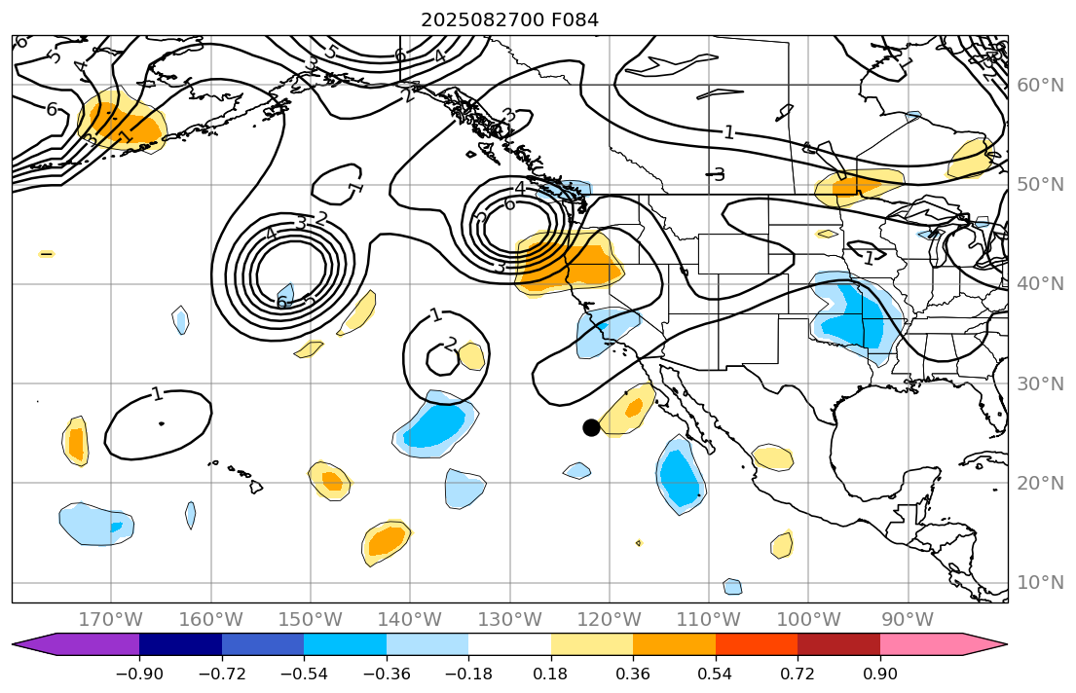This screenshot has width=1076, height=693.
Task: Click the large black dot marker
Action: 591,427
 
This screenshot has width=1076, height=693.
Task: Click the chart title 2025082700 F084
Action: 509,19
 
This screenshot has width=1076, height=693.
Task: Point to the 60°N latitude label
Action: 1040,86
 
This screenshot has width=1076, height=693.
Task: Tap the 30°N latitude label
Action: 1040,383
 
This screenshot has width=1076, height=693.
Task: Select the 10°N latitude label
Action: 1040,583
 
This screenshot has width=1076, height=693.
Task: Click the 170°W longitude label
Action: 110,620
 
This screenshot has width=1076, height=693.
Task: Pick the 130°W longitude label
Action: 509,620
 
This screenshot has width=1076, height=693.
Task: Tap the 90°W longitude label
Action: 908,620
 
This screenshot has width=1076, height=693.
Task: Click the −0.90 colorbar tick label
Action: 139,675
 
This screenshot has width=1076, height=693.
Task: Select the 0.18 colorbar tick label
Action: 551,675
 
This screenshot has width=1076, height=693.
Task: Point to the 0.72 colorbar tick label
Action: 798,675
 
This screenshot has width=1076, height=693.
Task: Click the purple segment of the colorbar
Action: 88,644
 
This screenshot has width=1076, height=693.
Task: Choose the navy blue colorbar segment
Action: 180,644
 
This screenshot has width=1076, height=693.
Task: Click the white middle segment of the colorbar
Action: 509,644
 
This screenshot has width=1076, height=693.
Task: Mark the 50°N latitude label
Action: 1040,185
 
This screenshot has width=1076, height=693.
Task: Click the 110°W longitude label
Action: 709,620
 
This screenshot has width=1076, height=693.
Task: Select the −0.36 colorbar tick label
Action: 387,675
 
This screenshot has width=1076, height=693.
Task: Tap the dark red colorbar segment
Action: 838,644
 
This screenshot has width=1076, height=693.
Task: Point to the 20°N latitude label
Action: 1040,484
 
